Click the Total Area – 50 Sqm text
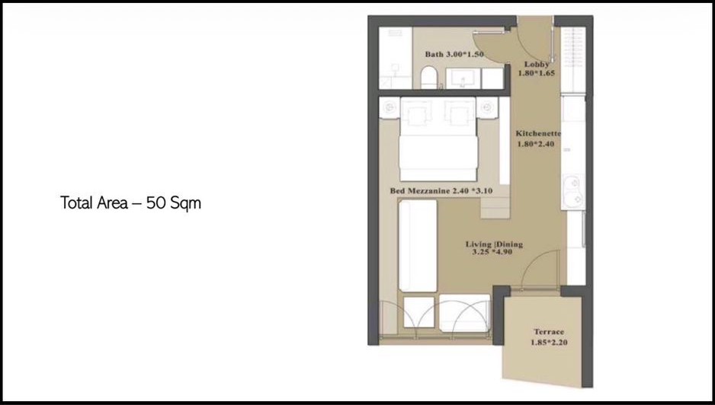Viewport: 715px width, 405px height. (130, 202)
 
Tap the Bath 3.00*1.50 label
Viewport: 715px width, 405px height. (454, 54)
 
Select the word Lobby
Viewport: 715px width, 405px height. (537, 64)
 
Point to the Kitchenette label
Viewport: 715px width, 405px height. (538, 133)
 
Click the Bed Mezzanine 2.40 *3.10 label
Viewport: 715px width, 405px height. (441, 191)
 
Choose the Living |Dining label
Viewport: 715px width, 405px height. (494, 244)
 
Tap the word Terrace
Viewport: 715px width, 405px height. (549, 332)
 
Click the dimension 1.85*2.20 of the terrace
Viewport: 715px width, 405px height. (549, 342)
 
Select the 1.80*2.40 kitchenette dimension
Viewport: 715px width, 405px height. (535, 144)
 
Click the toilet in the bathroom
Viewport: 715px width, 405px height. (428, 78)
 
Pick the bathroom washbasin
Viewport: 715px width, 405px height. (463, 78)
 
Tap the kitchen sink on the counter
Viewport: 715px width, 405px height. (572, 191)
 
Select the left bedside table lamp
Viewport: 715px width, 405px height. (390, 107)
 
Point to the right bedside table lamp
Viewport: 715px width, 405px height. (487, 107)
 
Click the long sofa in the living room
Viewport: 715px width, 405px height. (418, 246)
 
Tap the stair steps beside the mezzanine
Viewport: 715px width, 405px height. (494, 207)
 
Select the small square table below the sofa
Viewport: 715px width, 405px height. (419, 312)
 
